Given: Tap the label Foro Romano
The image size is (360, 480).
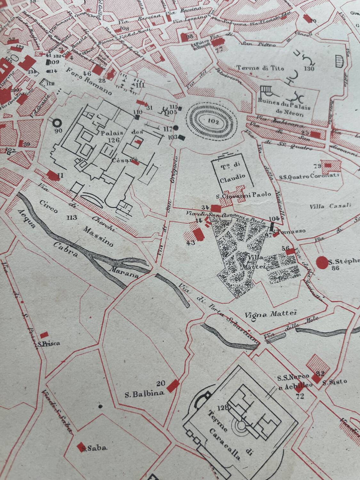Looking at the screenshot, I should pyautogui.click(x=89, y=81).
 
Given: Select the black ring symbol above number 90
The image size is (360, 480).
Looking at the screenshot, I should pyautogui.click(x=57, y=122).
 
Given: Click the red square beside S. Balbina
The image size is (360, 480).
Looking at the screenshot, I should pyautogui.click(x=174, y=384).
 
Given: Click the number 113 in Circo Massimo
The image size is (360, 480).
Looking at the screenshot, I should pyautogui.click(x=72, y=218).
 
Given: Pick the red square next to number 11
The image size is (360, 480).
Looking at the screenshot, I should pyautogui.click(x=51, y=175).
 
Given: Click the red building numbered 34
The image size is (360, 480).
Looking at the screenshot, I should pyautogui.click(x=216, y=208).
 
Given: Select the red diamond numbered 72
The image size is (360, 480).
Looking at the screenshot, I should pyautogui.click(x=299, y=390).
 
